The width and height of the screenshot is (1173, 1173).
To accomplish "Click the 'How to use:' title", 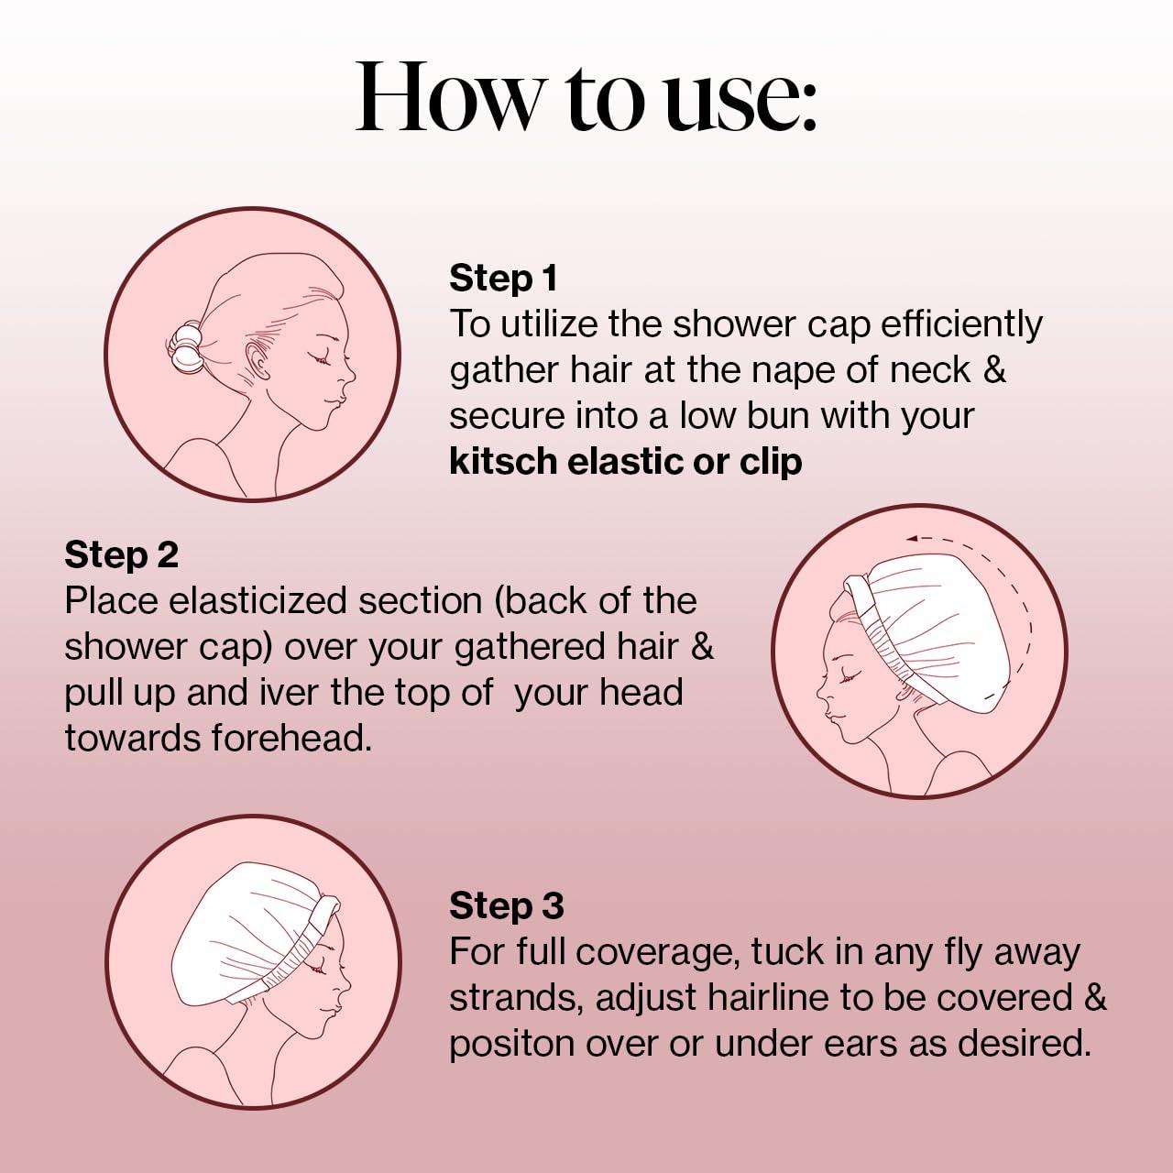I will [586, 97].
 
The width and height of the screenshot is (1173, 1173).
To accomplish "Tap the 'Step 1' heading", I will [502, 278].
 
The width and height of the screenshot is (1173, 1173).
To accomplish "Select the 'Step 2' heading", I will [121, 554].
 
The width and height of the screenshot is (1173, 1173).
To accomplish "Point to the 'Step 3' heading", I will [506, 905].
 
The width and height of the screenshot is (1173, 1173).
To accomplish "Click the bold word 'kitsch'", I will [503, 461].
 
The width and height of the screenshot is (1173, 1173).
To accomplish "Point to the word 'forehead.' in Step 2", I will [291, 738].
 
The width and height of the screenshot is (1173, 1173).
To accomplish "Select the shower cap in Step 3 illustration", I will [247, 926].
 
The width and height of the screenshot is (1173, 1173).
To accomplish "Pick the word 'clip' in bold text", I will [771, 461].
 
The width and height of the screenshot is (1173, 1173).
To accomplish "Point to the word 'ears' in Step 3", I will [866, 1044].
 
